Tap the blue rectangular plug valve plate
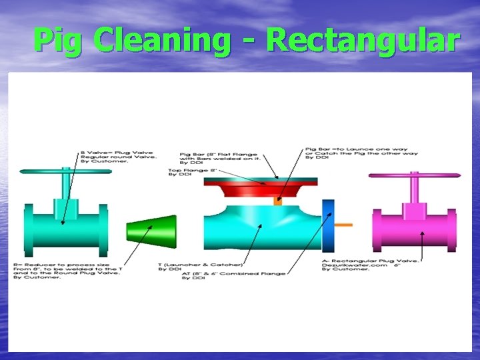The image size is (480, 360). (327, 224)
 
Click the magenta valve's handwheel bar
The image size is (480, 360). (414, 176)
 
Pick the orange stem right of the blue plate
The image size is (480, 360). (343, 225)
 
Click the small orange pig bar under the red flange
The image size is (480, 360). (278, 199)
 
